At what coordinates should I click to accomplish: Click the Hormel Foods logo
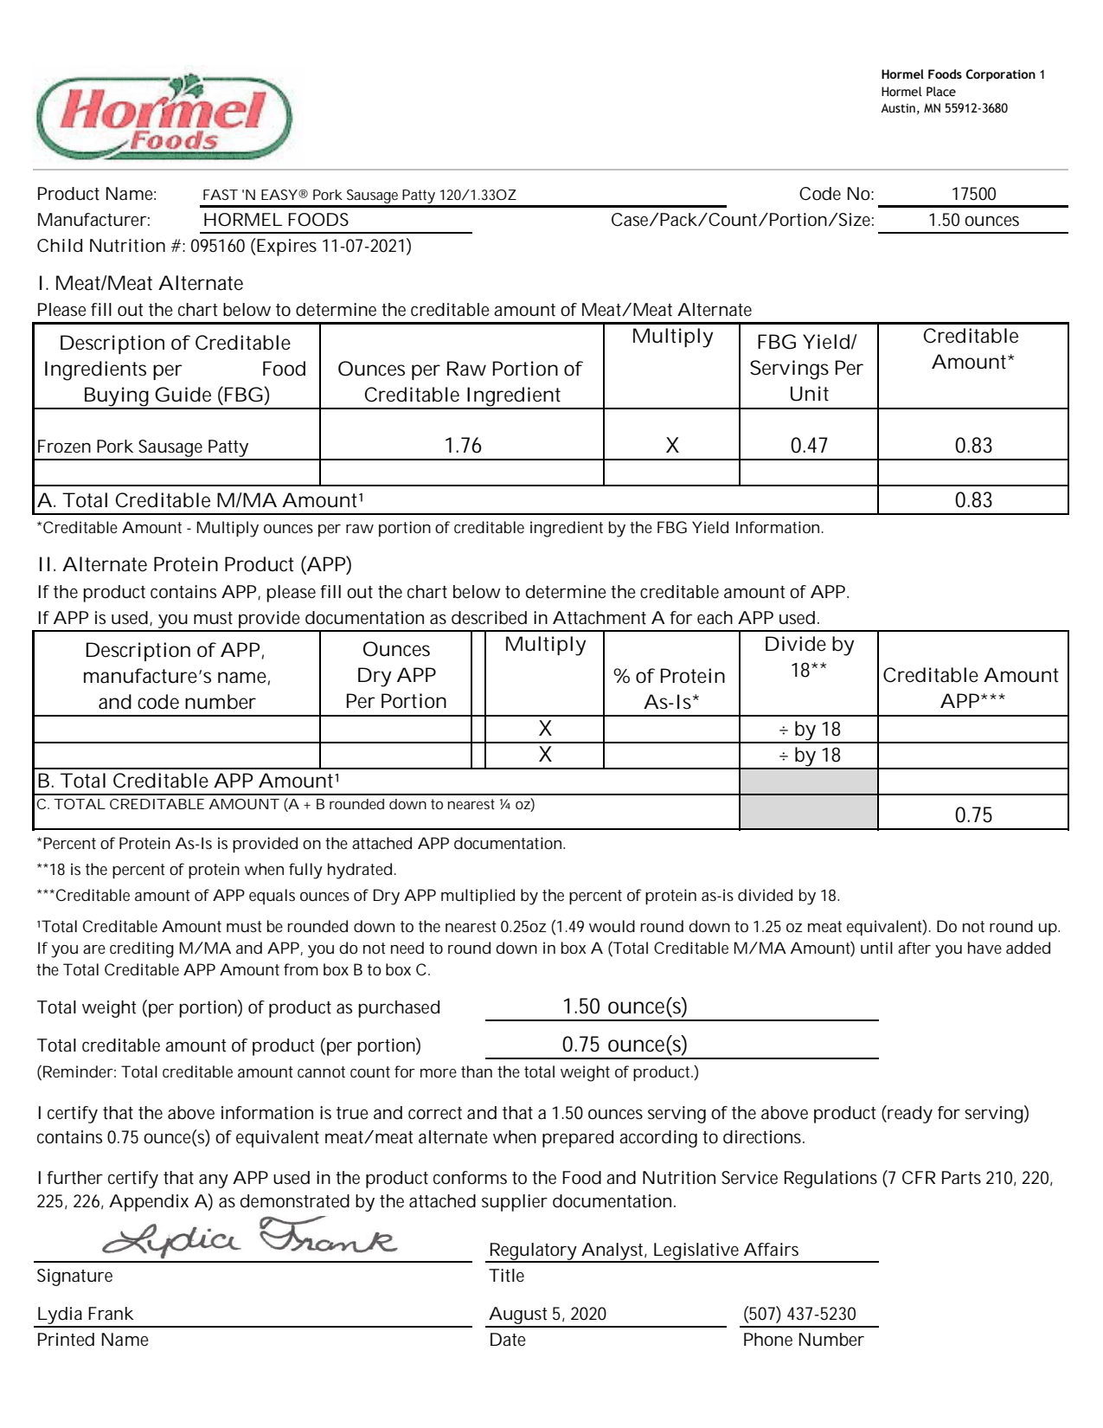pyautogui.click(x=164, y=117)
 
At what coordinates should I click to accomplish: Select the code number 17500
pyautogui.click(x=973, y=195)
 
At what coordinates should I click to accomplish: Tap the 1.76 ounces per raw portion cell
pyautogui.click(x=463, y=446)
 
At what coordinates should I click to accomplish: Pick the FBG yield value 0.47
pyautogui.click(x=809, y=446)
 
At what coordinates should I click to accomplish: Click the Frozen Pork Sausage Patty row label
pyautogui.click(x=143, y=447)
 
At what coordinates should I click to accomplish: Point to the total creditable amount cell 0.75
pyautogui.click(x=973, y=815)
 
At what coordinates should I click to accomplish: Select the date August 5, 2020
pyautogui.click(x=548, y=1314)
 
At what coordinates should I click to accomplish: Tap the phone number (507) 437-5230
pyautogui.click(x=799, y=1314)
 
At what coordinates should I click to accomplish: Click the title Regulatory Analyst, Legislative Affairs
pyautogui.click(x=644, y=1250)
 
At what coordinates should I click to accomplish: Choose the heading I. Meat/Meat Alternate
pyautogui.click(x=140, y=283)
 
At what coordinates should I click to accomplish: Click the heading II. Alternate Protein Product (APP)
pyautogui.click(x=195, y=564)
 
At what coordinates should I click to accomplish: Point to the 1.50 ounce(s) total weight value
pyautogui.click(x=625, y=1007)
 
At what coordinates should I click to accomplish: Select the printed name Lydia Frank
pyautogui.click(x=85, y=1314)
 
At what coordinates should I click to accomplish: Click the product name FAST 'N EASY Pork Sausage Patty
pyautogui.click(x=359, y=196)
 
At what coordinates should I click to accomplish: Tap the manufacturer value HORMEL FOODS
pyautogui.click(x=276, y=220)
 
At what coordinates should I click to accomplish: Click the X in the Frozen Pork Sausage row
pyautogui.click(x=672, y=446)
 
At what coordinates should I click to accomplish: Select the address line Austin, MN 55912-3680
pyautogui.click(x=944, y=108)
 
